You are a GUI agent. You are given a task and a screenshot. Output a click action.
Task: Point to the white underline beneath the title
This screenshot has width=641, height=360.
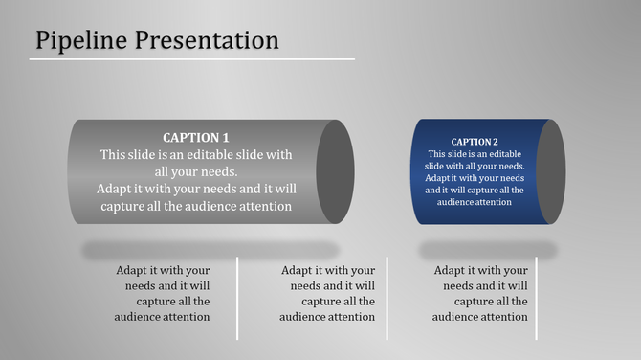(x=191, y=59)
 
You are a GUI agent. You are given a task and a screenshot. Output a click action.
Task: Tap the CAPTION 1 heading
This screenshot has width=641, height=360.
(x=196, y=137)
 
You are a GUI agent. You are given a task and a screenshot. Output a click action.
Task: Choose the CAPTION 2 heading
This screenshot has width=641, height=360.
(x=475, y=142)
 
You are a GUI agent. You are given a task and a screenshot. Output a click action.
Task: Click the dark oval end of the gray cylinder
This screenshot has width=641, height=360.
(x=335, y=171)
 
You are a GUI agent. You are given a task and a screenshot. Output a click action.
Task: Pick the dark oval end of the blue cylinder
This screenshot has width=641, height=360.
(x=550, y=171)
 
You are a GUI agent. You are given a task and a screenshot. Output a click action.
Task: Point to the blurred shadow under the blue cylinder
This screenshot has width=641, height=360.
(x=488, y=250)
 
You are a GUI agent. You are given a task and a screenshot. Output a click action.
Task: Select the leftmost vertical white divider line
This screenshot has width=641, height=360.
(x=237, y=297)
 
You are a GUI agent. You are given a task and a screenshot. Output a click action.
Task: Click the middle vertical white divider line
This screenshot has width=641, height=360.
(x=387, y=297)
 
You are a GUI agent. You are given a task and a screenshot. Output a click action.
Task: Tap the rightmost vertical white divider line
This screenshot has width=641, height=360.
(x=536, y=297)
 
